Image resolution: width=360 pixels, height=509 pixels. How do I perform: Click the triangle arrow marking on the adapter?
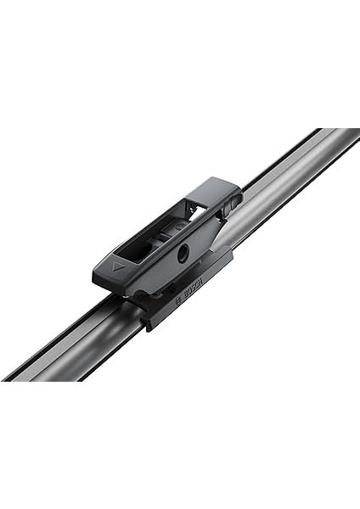point(114,265)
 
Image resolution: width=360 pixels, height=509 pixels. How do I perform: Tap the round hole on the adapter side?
point(183,250)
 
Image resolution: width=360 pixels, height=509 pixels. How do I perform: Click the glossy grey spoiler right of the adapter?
point(280,195)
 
